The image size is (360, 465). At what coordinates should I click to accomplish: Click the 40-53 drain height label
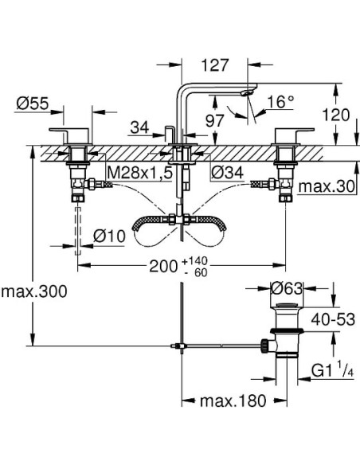pyautogui.click(x=331, y=318)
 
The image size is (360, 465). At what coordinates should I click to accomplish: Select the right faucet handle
pyautogui.click(x=288, y=134)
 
